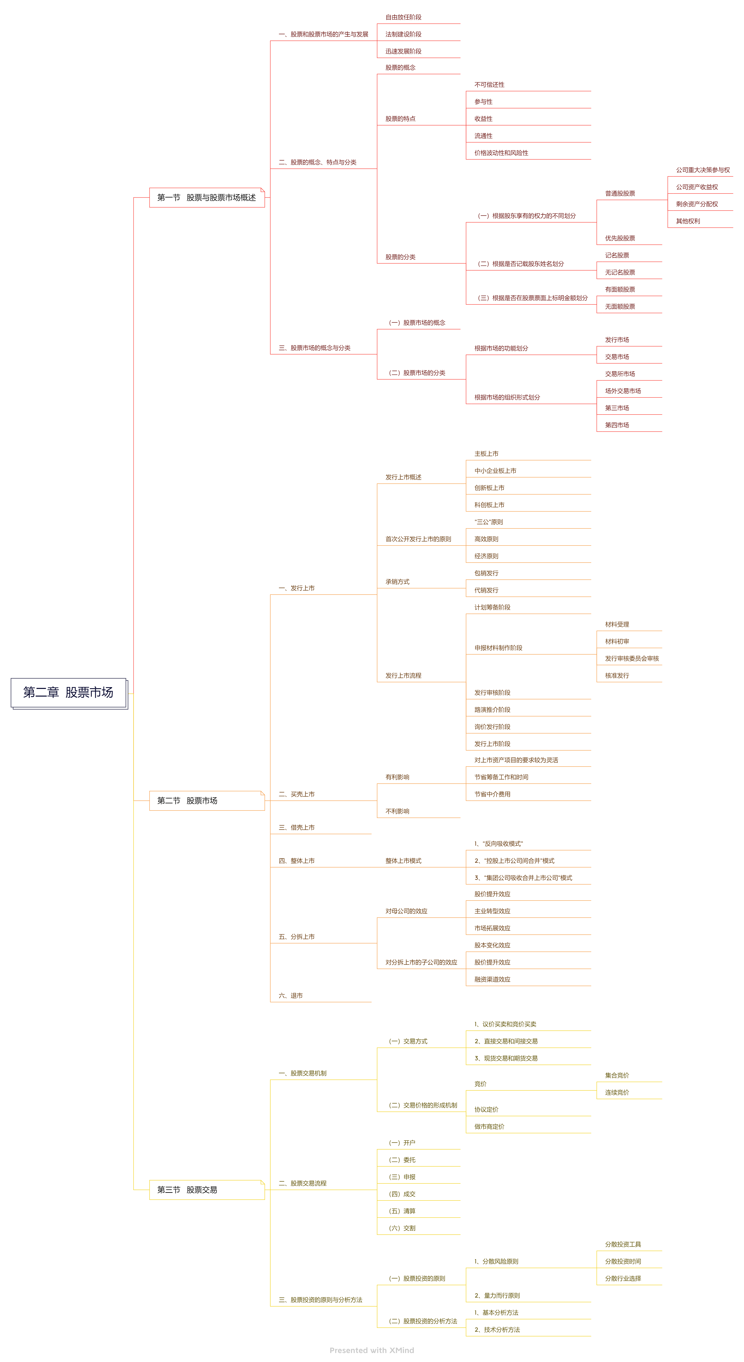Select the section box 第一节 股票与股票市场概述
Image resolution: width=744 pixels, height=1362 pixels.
[x=207, y=198]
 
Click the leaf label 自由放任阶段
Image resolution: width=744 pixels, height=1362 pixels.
[x=403, y=17]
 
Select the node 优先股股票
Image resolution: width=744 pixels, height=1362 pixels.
[x=620, y=239]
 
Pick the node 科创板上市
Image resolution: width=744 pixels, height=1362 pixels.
[x=489, y=505]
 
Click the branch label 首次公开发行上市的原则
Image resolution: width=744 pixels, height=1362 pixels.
[x=418, y=539]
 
